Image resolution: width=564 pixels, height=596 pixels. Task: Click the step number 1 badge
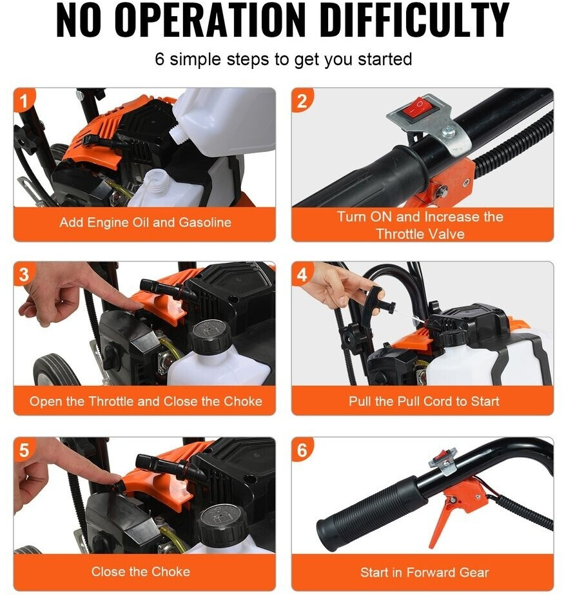(x=24, y=100)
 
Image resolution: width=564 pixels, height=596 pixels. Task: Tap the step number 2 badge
(x=302, y=101)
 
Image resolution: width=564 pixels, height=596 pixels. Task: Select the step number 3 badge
(x=24, y=274)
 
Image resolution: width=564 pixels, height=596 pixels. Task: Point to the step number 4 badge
(x=302, y=274)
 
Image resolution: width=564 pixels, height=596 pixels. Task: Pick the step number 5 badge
(x=24, y=450)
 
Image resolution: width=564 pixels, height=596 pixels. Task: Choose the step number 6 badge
(x=302, y=450)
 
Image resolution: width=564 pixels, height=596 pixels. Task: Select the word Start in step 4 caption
(x=485, y=401)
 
